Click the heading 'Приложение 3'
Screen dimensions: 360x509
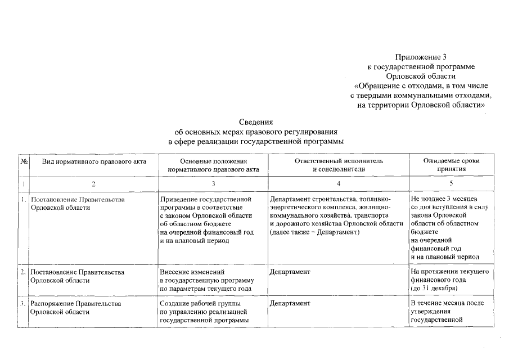pyautogui.click(x=421, y=57)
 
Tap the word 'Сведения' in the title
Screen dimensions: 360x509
pyautogui.click(x=256, y=121)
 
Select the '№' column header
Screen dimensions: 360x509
pyautogui.click(x=24, y=161)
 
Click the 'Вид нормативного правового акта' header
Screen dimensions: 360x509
pyautogui.click(x=94, y=161)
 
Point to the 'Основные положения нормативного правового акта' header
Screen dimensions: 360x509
pyautogui.click(x=213, y=165)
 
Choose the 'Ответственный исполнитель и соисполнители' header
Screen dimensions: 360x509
pyautogui.click(x=339, y=165)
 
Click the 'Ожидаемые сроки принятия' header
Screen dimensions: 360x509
pyautogui.click(x=451, y=165)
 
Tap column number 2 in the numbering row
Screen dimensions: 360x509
pyautogui.click(x=94, y=184)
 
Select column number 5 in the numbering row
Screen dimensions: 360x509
pyautogui.click(x=451, y=184)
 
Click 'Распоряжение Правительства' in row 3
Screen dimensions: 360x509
pyautogui.click(x=76, y=304)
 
